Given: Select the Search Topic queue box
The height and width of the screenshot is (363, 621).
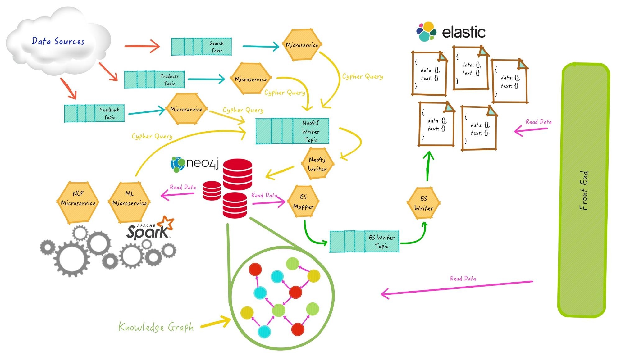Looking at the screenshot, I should click(201, 47).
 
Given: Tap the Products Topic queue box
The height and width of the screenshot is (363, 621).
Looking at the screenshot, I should click(154, 80).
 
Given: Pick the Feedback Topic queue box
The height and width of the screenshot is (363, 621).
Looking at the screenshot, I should click(94, 113).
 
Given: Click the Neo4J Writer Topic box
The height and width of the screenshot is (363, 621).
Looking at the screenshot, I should click(292, 131).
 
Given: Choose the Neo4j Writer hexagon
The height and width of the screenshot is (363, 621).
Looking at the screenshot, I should click(317, 164).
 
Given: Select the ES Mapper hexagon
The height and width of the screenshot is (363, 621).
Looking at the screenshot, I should click(303, 202).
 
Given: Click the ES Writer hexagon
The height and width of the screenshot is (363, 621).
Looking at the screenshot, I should click(423, 203).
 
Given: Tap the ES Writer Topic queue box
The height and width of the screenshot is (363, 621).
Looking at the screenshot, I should click(364, 242).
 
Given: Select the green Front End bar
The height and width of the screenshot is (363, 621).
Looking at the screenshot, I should click(584, 190).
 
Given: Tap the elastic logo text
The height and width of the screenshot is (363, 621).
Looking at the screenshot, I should click(463, 32).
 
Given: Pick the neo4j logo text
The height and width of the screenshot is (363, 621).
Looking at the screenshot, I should click(202, 163).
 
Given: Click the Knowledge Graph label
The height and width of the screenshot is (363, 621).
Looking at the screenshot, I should click(156, 327).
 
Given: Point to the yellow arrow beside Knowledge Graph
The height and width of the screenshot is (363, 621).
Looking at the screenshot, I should click(215, 323).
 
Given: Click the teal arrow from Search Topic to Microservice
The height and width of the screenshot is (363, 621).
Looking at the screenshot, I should click(261, 47).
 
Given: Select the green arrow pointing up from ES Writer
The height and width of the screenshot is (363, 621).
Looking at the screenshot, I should click(428, 166).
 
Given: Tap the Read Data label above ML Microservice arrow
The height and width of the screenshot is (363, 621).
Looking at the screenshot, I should click(183, 187).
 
